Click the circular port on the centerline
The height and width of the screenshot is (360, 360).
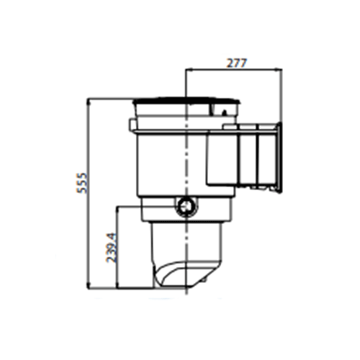click(186, 207)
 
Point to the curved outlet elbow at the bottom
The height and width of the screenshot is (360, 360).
click(180, 278)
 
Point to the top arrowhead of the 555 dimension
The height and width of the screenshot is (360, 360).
click(89, 100)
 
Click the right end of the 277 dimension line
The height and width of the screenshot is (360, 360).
click(279, 70)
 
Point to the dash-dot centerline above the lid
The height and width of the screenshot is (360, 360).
click(186, 83)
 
